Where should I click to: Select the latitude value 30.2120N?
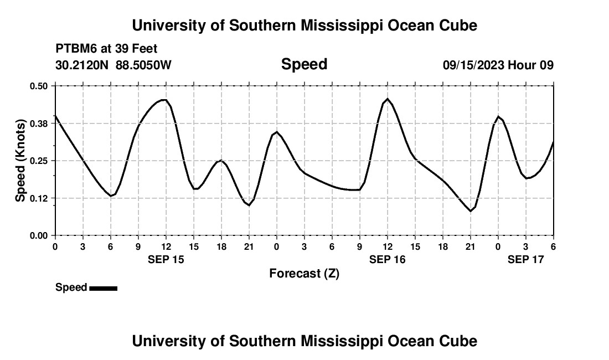point(83,65)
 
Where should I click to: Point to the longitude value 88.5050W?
point(144,65)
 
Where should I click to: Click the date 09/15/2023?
point(473,65)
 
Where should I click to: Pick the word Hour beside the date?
point(522,65)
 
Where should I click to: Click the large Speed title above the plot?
point(304,64)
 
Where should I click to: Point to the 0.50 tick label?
point(39,86)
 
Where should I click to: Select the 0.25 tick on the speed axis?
point(39,161)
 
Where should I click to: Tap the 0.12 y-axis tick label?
point(39,198)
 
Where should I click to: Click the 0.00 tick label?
point(39,235)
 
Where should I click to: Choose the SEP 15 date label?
point(166,259)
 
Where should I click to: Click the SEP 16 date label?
point(387,259)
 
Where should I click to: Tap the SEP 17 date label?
point(526,259)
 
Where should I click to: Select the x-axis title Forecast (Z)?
point(304,273)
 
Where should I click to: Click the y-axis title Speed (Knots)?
point(20,161)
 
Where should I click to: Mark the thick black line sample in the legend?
point(103,288)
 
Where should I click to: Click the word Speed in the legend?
point(71,287)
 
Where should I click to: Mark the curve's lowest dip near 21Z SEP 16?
point(471,211)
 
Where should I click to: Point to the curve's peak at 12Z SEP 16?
point(388,99)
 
